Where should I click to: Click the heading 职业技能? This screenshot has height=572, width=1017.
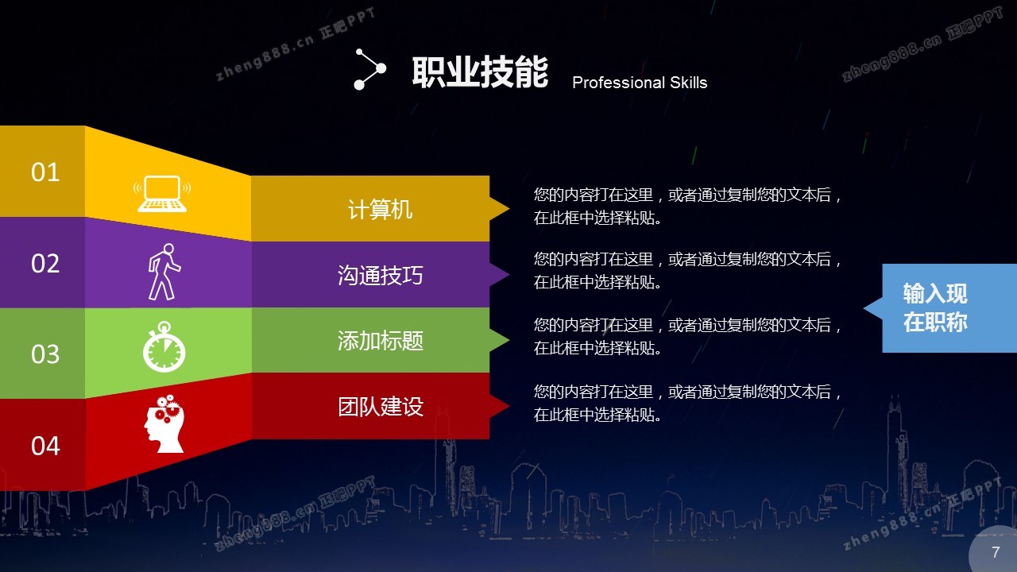click(480, 71)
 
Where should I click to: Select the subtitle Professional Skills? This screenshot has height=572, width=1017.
click(640, 83)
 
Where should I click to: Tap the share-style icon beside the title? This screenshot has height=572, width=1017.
click(370, 69)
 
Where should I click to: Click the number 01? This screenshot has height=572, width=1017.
click(45, 172)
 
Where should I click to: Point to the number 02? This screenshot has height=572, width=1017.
click(45, 263)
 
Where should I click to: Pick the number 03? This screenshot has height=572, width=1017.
click(45, 354)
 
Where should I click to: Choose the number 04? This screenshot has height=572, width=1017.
click(45, 446)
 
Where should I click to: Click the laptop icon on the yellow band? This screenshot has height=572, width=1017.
click(162, 193)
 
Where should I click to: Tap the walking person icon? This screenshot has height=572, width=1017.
click(164, 272)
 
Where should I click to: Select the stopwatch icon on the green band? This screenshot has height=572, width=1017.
click(164, 346)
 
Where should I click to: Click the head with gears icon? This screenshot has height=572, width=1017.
click(164, 423)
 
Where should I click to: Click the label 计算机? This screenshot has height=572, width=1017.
click(380, 209)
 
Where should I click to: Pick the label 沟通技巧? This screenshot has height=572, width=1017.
click(380, 275)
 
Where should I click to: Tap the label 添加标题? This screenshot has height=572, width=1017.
click(380, 341)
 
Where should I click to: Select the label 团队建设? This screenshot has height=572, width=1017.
click(380, 406)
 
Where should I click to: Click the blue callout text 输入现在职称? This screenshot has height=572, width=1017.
click(935, 307)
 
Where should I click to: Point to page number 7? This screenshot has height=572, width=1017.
click(996, 552)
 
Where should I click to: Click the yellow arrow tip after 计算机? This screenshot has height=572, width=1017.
click(509, 209)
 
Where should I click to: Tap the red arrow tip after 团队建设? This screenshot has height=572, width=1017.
click(509, 406)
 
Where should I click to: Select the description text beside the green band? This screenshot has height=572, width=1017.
click(687, 336)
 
